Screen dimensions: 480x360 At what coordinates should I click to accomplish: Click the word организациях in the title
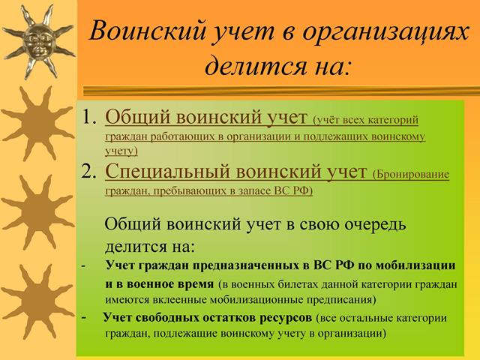pos(385,31)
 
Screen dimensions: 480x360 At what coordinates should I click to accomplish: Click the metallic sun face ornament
pos(38,42)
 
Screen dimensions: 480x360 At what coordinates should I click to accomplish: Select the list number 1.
pos(89,117)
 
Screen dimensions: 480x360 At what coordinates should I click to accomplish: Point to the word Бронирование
pos(411,175)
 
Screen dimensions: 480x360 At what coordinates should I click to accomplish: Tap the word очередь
pos(375,225)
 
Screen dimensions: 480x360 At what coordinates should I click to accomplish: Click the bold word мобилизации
pos(415,265)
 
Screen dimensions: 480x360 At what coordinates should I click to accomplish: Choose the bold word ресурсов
pos(286,318)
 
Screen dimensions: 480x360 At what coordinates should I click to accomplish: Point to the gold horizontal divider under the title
pos(281,91)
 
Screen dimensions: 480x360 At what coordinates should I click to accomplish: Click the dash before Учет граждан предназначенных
pos(83,266)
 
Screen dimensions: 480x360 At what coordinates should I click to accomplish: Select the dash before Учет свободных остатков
pos(84,318)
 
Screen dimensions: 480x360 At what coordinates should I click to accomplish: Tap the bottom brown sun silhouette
pos(38,301)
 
